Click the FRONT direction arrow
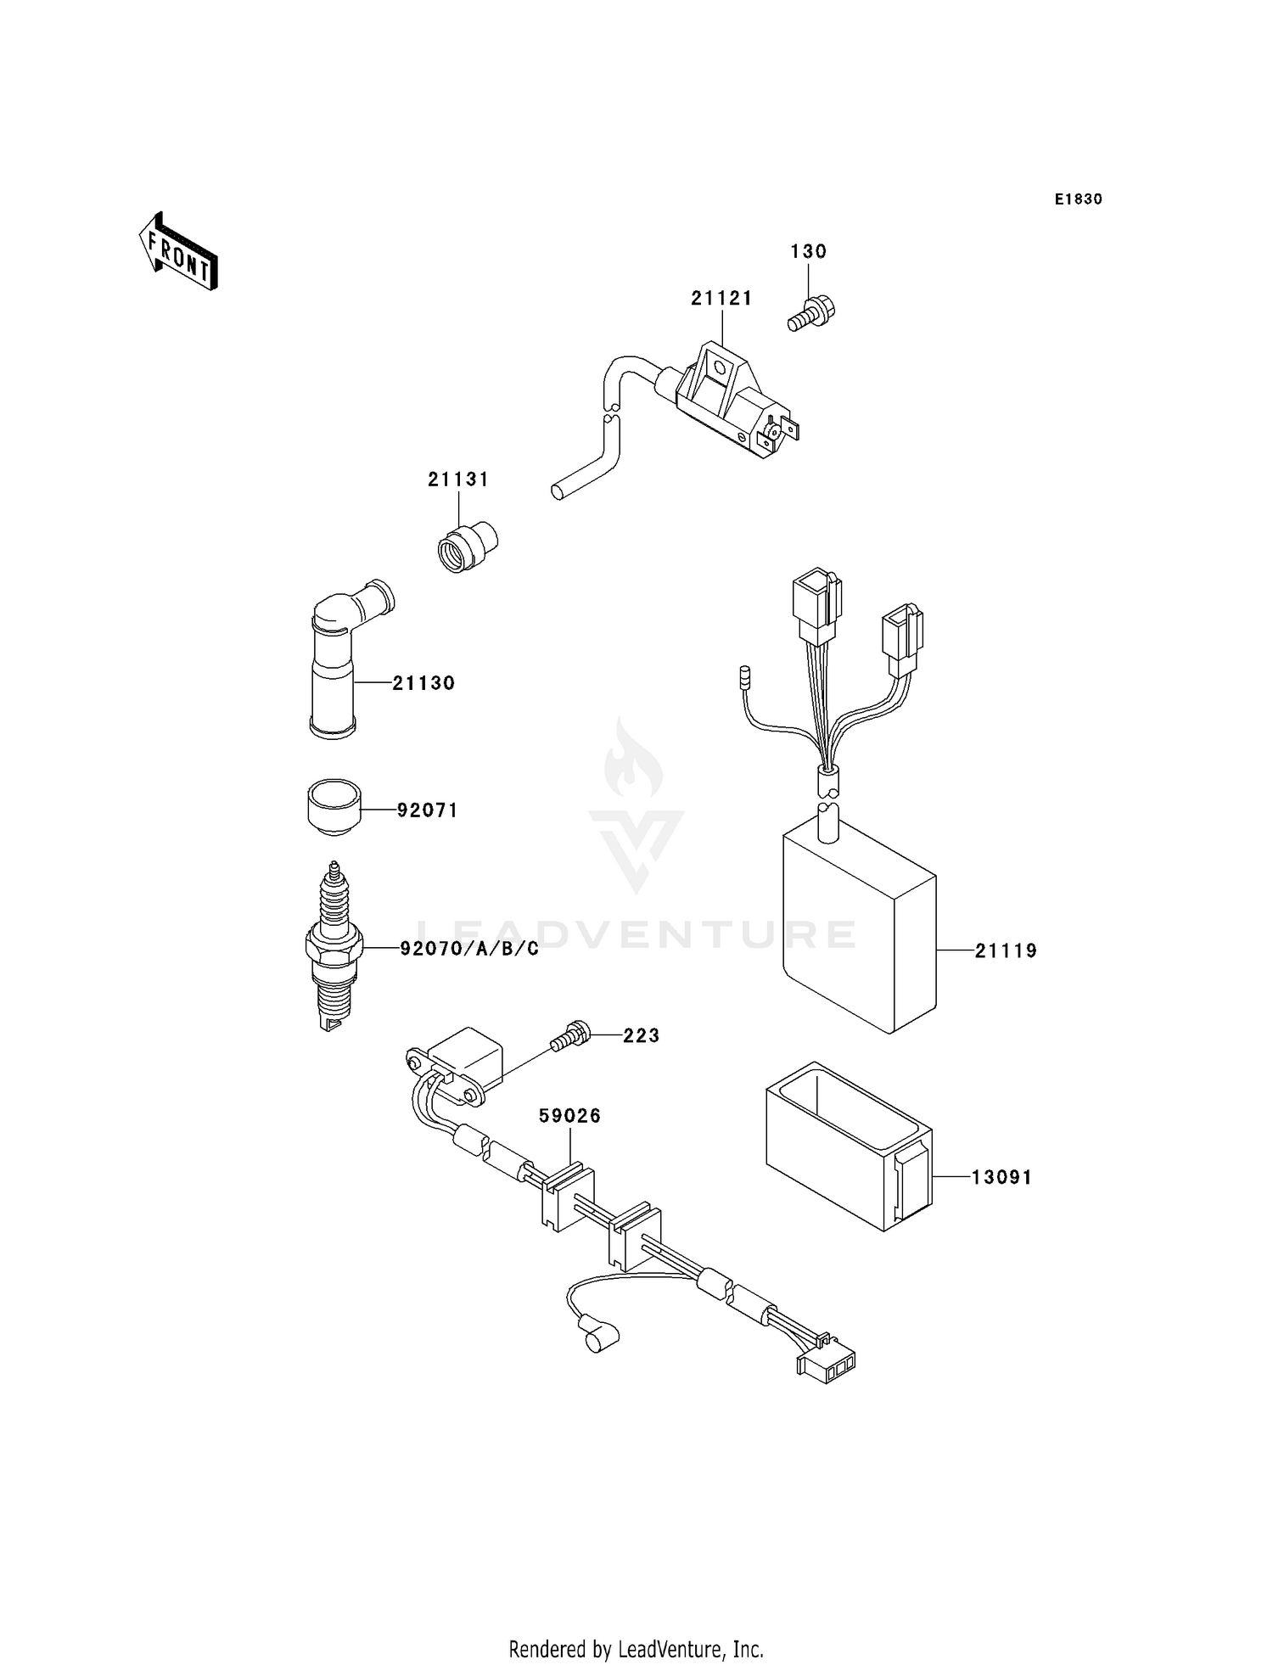pos(178,252)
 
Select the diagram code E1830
pos(1078,199)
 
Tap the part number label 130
pos(808,251)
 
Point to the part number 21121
pos(721,298)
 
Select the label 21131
pos(458,479)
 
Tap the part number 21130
pos(423,683)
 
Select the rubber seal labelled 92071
pos(334,806)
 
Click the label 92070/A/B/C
pos(469,949)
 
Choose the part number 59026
pos(569,1116)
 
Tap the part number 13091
pos(1001,1177)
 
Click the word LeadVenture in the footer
pos(672,1649)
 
